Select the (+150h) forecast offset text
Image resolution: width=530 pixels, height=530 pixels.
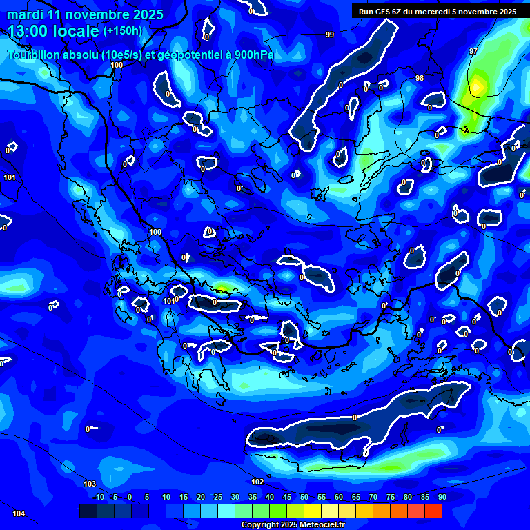[122, 30]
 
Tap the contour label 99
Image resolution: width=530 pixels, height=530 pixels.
[330, 35]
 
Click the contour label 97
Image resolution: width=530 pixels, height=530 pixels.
[473, 52]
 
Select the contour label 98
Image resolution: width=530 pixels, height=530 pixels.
[420, 79]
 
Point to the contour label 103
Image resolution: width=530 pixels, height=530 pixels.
[90, 484]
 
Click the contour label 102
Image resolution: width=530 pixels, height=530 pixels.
[257, 482]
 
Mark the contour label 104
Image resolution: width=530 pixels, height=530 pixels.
[19, 513]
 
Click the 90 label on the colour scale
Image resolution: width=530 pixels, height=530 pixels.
[442, 498]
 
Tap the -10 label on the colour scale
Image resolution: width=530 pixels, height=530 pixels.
[98, 498]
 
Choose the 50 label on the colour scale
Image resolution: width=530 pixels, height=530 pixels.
[304, 498]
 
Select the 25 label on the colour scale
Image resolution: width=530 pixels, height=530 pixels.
[218, 498]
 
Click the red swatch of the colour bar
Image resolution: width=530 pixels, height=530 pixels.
[433, 511]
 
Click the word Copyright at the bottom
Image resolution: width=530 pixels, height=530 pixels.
[262, 525]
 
